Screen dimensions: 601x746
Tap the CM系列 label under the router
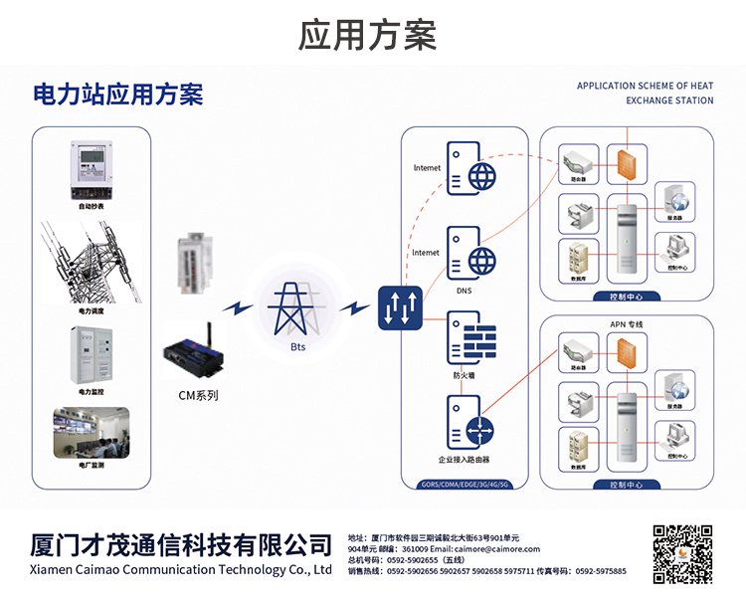pyautogui.click(x=198, y=395)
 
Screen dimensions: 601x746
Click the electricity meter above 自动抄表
pyautogui.click(x=91, y=170)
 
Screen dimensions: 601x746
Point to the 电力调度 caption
pyautogui.click(x=92, y=311)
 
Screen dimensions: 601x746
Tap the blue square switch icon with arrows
pyautogui.click(x=401, y=308)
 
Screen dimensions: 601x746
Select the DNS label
pyautogui.click(x=464, y=292)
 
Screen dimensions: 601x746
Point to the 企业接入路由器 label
pyautogui.click(x=465, y=461)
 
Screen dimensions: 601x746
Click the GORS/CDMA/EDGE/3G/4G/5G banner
pyautogui.click(x=465, y=485)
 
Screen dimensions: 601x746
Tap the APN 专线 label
pyautogui.click(x=627, y=325)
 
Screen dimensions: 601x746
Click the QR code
pyautogui.click(x=682, y=555)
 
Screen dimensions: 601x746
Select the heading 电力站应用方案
pyautogui.click(x=118, y=96)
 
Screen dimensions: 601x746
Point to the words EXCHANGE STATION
pyautogui.click(x=669, y=100)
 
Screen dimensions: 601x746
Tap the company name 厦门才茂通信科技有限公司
pyautogui.click(x=181, y=544)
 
